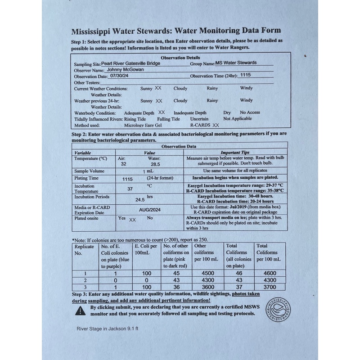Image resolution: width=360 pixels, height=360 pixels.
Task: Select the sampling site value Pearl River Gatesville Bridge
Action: (130, 63)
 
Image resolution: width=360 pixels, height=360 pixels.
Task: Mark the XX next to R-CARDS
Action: (216, 125)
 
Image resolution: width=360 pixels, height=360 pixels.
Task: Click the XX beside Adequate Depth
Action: (162, 112)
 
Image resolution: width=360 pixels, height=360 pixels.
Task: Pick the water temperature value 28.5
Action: (156, 165)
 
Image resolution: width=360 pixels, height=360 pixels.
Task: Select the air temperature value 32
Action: (123, 165)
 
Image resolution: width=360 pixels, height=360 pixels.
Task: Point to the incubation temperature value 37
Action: (130, 189)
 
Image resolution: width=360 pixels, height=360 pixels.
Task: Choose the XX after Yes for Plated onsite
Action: (132, 220)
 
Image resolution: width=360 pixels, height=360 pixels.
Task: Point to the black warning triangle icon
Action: (81, 310)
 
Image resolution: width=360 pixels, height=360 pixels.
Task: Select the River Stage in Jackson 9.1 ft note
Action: (108, 328)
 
